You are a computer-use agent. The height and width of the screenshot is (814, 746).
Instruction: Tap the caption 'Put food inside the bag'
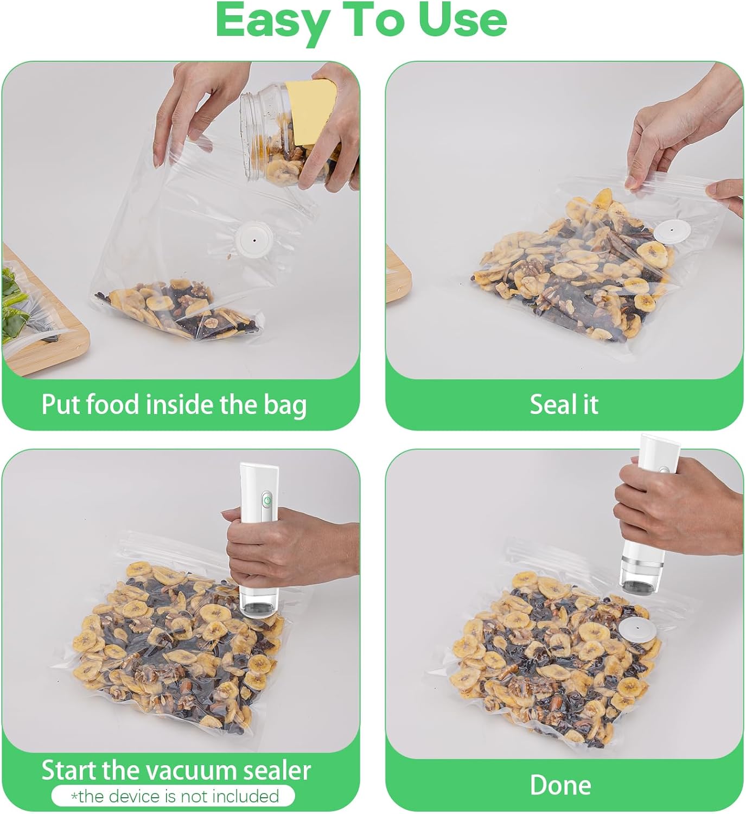click(x=174, y=405)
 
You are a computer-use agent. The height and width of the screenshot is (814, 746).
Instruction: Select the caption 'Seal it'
click(x=564, y=405)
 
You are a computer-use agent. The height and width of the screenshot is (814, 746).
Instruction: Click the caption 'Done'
click(x=560, y=785)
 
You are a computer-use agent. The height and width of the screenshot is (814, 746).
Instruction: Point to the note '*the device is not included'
click(x=174, y=796)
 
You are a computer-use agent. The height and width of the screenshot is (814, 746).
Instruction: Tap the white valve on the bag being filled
click(x=253, y=238)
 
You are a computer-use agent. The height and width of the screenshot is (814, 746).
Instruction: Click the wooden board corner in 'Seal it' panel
click(x=398, y=271)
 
